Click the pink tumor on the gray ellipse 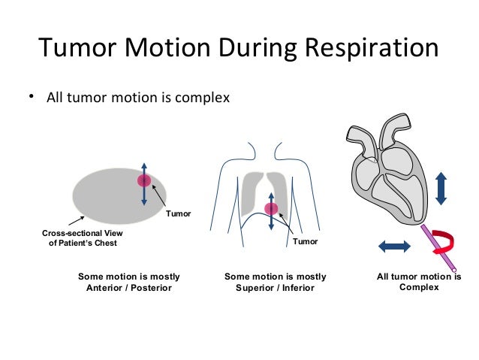pyautogui.click(x=144, y=181)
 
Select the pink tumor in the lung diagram pyautogui.click(x=271, y=208)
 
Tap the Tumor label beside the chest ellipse pyautogui.click(x=179, y=214)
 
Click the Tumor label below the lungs pyautogui.click(x=305, y=242)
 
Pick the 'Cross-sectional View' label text pyautogui.click(x=80, y=233)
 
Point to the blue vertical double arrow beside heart pyautogui.click(x=441, y=187)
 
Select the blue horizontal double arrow pyautogui.click(x=394, y=246)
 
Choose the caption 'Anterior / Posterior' pyautogui.click(x=129, y=288)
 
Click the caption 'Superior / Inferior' pyautogui.click(x=275, y=288)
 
